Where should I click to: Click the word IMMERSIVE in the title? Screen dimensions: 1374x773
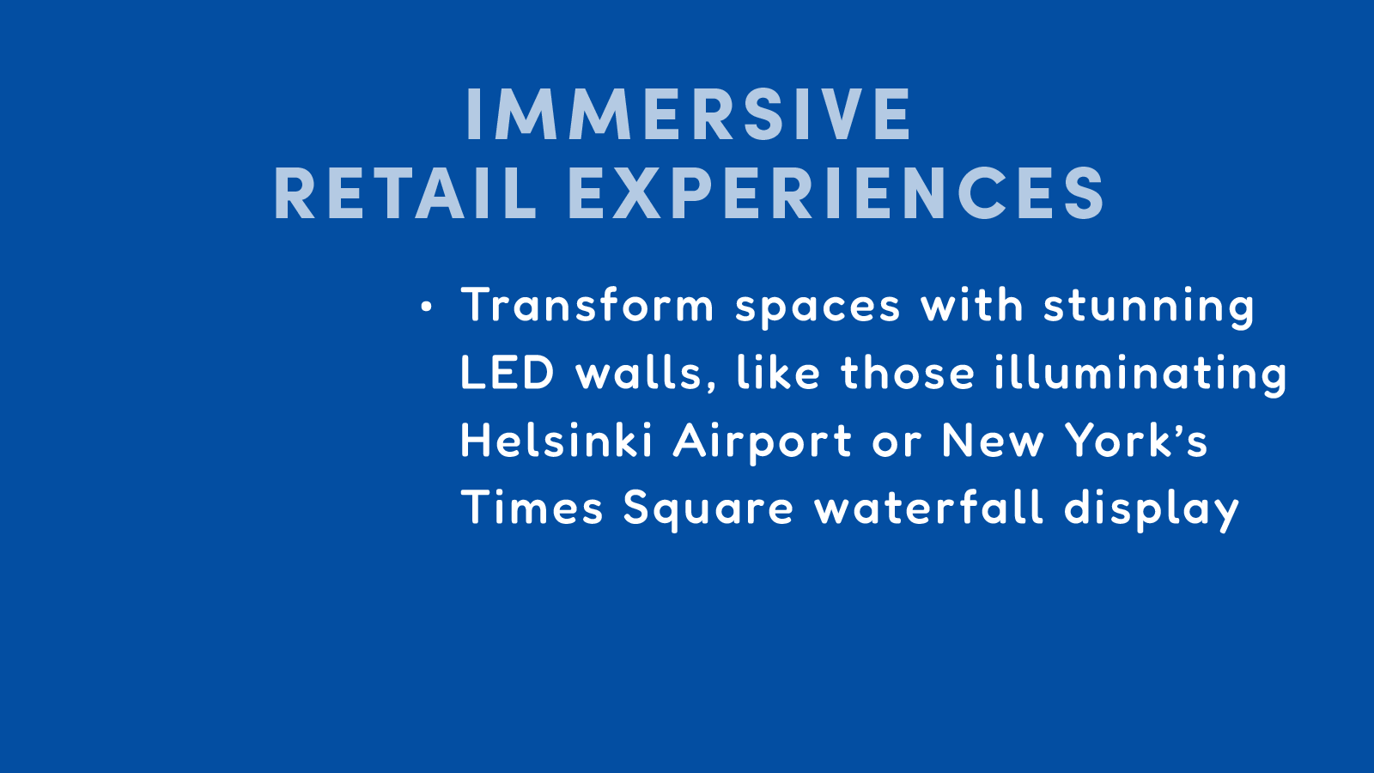coord(689,115)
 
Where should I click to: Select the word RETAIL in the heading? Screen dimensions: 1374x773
coord(405,194)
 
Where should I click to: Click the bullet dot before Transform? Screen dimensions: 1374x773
coord(426,306)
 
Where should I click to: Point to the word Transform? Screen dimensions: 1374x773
coord(587,304)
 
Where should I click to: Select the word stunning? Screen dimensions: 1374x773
coord(1149,308)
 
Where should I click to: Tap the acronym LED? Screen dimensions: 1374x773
coord(508,372)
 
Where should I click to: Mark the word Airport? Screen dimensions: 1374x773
coord(763,443)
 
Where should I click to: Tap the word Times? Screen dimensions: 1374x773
coord(532,507)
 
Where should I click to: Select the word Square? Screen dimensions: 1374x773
coord(708,510)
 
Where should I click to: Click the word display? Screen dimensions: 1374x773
coord(1152,510)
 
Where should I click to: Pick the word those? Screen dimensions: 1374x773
coord(908,373)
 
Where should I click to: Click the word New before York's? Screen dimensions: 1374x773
coord(993,440)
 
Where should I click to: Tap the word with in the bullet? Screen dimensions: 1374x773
coord(971,304)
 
